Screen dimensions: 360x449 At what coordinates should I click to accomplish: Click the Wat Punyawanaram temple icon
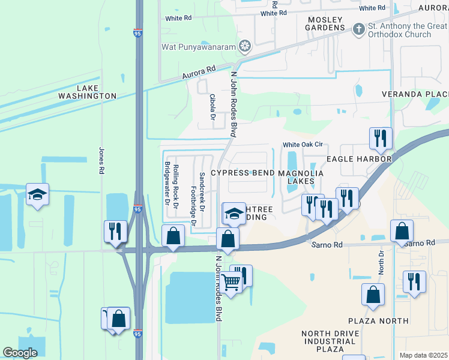click(244, 46)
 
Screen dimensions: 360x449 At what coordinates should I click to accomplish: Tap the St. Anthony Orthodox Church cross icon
click(358, 29)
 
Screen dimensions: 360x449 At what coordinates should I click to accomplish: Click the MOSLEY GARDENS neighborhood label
click(327, 23)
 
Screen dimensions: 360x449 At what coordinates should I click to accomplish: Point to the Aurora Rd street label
click(199, 73)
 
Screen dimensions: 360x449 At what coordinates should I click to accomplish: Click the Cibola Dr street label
click(212, 107)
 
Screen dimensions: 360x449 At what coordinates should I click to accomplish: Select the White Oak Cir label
click(303, 145)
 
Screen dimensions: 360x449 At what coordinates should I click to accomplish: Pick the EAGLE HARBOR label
click(359, 159)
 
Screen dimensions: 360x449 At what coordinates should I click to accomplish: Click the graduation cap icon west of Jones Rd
click(37, 194)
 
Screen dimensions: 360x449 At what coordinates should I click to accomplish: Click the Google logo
click(20, 353)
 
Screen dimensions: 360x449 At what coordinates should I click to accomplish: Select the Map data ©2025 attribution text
click(423, 355)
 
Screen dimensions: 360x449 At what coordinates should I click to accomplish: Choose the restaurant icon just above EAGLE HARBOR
click(381, 138)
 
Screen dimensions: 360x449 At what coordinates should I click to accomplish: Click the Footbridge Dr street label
click(193, 205)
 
